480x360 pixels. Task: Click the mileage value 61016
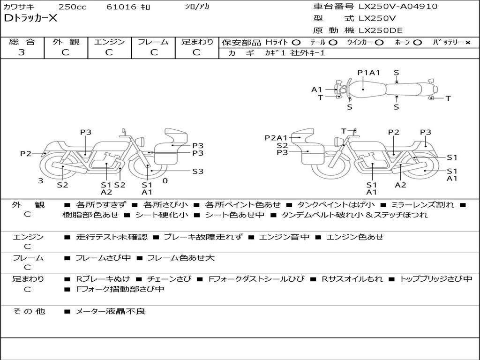(121, 7)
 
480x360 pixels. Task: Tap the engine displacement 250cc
(72, 7)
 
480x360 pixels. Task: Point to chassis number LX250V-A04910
(398, 7)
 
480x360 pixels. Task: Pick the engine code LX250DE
(381, 31)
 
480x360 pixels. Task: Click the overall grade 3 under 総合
(22, 52)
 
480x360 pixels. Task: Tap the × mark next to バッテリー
(467, 42)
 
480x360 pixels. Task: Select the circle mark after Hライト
(296, 42)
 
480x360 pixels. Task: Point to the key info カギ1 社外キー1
(295, 53)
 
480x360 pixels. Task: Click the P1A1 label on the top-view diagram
(368, 73)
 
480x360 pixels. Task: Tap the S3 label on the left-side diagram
(198, 172)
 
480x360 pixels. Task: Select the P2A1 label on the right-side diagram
(276, 138)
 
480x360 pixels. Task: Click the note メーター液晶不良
(111, 311)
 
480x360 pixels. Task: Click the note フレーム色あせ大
(181, 258)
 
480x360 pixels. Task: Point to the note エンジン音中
(285, 237)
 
